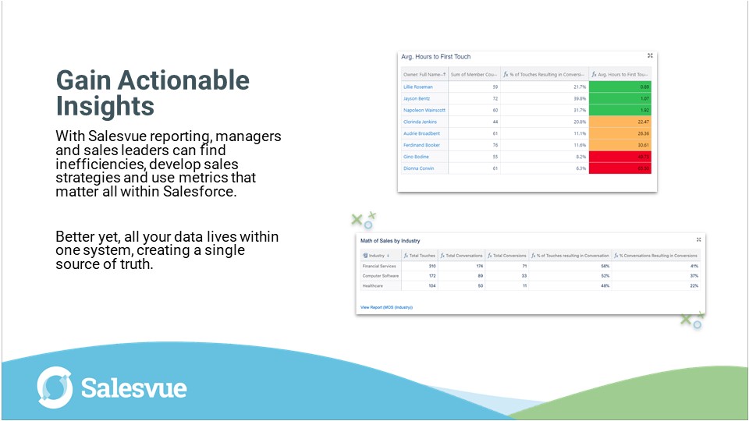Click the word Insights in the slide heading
coord(105,105)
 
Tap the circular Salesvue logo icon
coord(55,387)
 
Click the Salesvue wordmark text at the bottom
coord(133,388)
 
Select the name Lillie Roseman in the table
coord(418,87)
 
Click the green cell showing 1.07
coord(620,99)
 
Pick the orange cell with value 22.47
coord(620,122)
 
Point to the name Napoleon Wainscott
coord(424,111)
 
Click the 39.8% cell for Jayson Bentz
coord(544,99)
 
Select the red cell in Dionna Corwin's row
coord(620,168)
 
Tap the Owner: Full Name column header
coord(424,74)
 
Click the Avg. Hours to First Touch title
coord(435,57)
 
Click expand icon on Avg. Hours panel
coord(650,56)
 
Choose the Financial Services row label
coord(378,266)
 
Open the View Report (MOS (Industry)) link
coord(386,307)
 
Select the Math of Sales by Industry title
coord(390,241)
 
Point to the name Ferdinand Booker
coord(421,145)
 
